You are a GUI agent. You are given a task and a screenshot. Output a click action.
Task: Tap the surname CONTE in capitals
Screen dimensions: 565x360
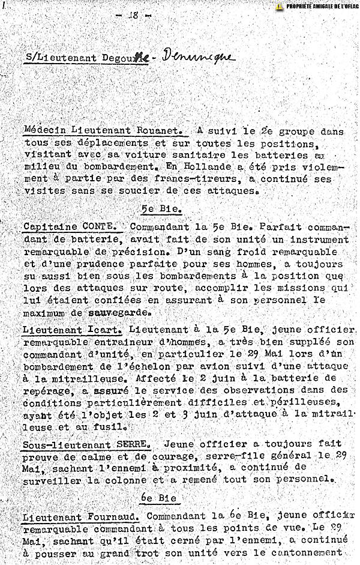[104, 226]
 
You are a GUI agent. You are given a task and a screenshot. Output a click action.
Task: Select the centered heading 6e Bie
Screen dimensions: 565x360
[157, 499]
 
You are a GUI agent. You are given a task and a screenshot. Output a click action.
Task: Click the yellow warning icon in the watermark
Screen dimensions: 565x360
[279, 6]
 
